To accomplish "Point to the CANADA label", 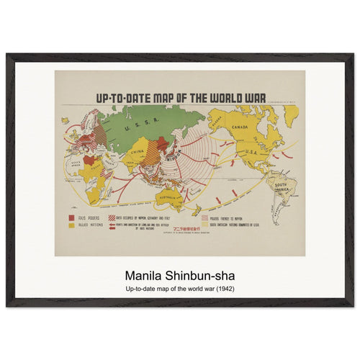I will click(x=240, y=127).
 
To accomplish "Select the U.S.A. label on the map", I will click(x=253, y=151).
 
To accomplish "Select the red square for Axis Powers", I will click(x=70, y=217).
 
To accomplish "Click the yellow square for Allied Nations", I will click(x=70, y=225).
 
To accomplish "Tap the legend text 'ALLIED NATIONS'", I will click(x=91, y=225).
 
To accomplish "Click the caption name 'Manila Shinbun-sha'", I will click(x=179, y=276).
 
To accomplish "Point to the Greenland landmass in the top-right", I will click(x=290, y=113).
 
